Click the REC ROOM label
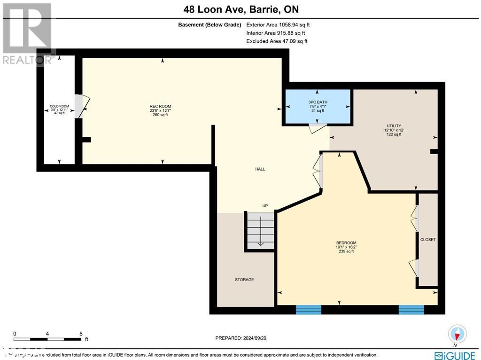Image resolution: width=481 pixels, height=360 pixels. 160,107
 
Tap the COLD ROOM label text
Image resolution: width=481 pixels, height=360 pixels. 59,107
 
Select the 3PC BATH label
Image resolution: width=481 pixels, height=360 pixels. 318,102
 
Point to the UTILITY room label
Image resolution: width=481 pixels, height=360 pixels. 393,126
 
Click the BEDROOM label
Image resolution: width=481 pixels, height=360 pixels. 346,243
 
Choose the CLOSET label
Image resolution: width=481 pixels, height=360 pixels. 428,240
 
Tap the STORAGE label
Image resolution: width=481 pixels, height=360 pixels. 244,280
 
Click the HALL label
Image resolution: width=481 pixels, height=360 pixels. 260,169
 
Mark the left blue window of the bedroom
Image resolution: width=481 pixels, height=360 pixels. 308,309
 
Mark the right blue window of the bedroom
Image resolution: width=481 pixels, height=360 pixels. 411,309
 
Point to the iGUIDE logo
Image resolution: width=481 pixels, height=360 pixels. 455,355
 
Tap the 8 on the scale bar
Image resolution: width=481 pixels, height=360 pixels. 81,332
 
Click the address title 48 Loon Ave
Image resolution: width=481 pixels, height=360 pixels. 240,9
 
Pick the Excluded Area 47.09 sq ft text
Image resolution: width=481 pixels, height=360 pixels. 277,41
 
